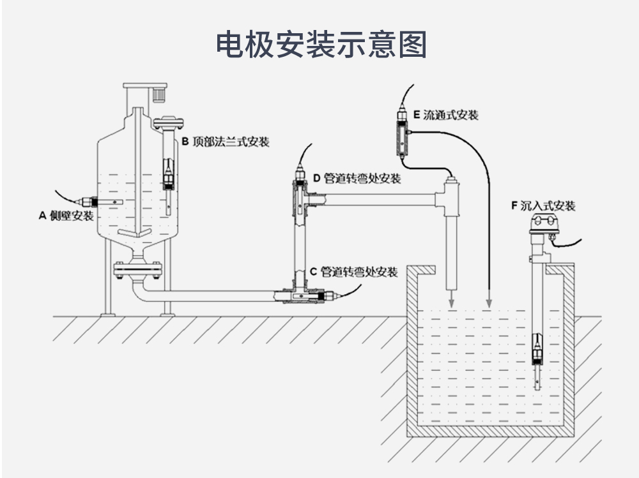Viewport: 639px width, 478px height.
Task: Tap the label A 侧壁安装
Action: (x=66, y=216)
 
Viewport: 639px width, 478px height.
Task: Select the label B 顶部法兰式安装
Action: (x=226, y=142)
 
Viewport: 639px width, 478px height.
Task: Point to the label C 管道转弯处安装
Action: (x=353, y=273)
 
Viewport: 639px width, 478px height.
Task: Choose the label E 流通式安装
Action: (x=445, y=116)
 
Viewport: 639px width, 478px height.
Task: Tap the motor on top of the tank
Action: (x=157, y=94)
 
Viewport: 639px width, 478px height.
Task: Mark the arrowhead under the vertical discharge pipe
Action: (x=450, y=301)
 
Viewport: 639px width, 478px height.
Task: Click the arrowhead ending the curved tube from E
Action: (x=489, y=301)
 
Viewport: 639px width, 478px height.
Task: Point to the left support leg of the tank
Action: (x=107, y=281)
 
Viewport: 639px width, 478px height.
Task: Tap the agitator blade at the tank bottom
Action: (x=137, y=233)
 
